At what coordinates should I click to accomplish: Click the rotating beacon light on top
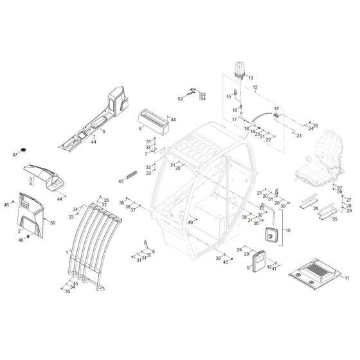pos(239,70)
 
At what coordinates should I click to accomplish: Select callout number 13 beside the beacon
pos(251,78)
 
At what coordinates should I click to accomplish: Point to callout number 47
pos(15,155)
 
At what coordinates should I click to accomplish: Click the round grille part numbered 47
pos(23,150)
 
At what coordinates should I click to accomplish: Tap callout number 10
pos(288,230)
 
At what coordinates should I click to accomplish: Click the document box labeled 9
pos(259,261)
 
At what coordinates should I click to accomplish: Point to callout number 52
pos(180,99)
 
